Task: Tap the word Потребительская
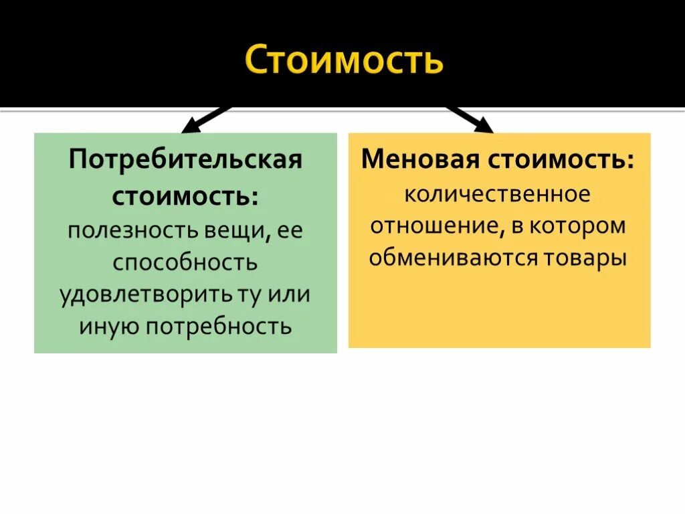pos(185,161)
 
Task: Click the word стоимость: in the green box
pos(185,196)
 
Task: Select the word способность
pos(185,262)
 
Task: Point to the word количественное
pos(498,194)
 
